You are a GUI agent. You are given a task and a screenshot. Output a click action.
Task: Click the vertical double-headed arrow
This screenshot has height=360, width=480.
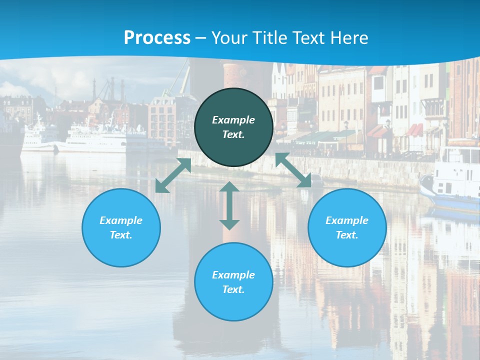pyautogui.click(x=229, y=205)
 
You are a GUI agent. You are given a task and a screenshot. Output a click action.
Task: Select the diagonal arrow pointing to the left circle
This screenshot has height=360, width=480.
pyautogui.click(x=173, y=175)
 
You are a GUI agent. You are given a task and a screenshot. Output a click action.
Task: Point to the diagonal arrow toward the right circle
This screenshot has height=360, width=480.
pyautogui.click(x=293, y=170)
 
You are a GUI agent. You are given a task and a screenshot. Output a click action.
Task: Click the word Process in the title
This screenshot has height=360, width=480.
pyautogui.click(x=157, y=37)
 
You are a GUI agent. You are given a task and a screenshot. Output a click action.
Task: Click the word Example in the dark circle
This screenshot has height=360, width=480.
pyautogui.click(x=233, y=120)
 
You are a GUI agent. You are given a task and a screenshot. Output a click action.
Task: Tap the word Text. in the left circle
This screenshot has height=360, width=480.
pyautogui.click(x=121, y=235)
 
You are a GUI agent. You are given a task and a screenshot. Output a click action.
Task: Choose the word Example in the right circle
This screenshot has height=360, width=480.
pyautogui.click(x=347, y=220)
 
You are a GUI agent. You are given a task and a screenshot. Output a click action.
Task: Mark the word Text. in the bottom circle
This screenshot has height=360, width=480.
pyautogui.click(x=233, y=289)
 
